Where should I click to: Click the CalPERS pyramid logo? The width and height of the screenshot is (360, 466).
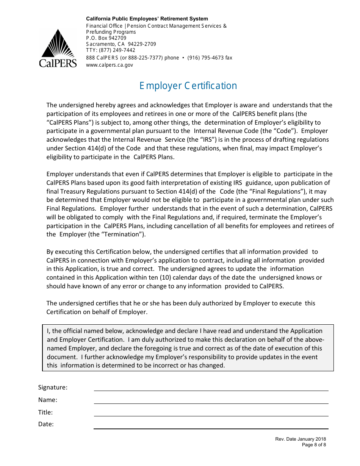pos(58,48)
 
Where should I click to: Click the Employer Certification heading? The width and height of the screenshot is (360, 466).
pos(188,86)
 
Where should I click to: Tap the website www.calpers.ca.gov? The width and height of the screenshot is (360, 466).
pos(110,65)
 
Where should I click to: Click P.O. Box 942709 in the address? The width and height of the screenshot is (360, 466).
pos(106,38)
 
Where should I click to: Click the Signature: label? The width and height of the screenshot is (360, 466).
pos(53,387)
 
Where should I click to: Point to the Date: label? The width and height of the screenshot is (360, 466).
pos(46,424)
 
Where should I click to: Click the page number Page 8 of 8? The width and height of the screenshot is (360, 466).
pos(314,445)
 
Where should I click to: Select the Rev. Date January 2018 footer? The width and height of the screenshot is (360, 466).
pos(301,439)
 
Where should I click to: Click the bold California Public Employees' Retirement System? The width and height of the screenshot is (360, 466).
pos(147,19)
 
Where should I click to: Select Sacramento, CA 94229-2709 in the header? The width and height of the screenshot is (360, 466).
pos(121,44)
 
